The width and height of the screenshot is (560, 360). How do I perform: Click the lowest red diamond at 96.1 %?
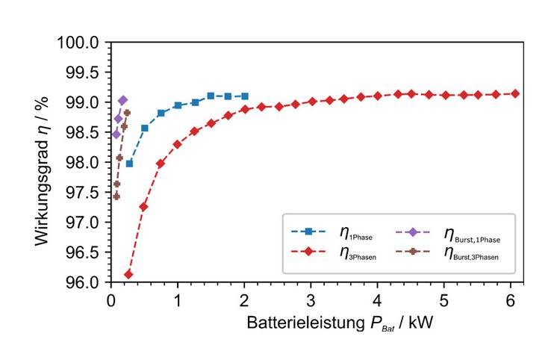click(x=128, y=275)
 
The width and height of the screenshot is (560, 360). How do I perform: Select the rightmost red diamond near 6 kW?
click(x=515, y=93)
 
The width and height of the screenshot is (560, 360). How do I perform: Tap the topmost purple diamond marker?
click(x=122, y=100)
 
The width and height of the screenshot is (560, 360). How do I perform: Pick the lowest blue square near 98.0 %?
click(x=129, y=164)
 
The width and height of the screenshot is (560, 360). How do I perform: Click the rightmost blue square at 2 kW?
click(x=245, y=96)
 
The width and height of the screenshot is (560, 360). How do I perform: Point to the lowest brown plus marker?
click(x=116, y=196)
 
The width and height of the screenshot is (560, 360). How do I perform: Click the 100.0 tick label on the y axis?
click(x=78, y=43)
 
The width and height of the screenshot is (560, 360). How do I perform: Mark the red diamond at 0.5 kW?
click(x=144, y=207)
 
